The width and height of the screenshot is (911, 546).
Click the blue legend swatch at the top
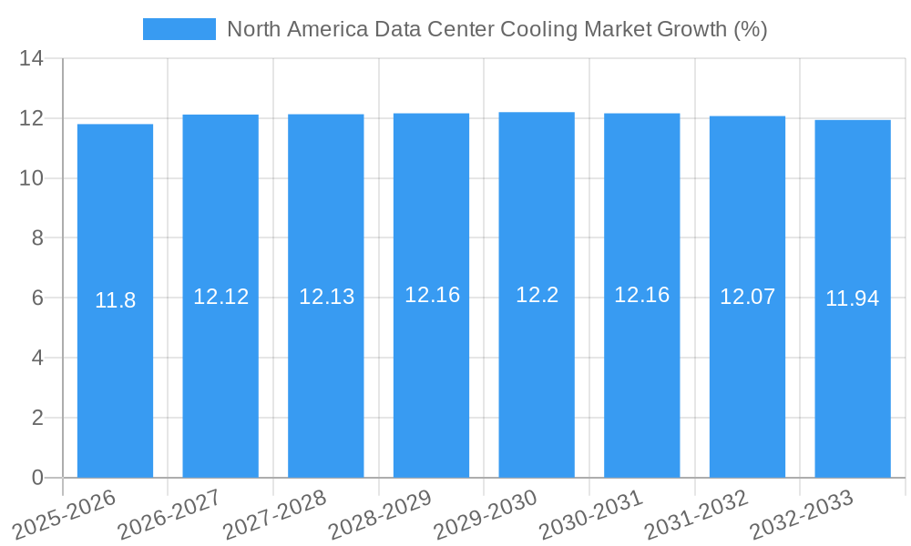[x=179, y=29]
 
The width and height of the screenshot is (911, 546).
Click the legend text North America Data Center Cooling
[x=496, y=29]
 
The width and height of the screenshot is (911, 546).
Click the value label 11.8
[x=115, y=300]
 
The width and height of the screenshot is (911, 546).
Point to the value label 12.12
[x=220, y=297]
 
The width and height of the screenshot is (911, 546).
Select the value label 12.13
[x=326, y=297]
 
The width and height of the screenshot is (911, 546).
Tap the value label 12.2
[x=537, y=295]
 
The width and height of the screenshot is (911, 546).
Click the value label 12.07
[x=747, y=297]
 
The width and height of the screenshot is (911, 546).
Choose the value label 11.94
[x=853, y=298]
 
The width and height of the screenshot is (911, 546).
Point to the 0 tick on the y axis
[x=37, y=478]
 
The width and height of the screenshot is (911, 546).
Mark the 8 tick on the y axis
[x=37, y=238]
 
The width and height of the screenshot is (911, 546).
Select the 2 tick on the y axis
[x=37, y=418]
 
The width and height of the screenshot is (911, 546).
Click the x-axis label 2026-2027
[x=169, y=514]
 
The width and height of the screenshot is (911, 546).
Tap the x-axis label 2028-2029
[x=380, y=514]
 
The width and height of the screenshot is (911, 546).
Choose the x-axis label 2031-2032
[x=696, y=514]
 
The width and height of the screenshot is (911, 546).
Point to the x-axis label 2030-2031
[x=590, y=514]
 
